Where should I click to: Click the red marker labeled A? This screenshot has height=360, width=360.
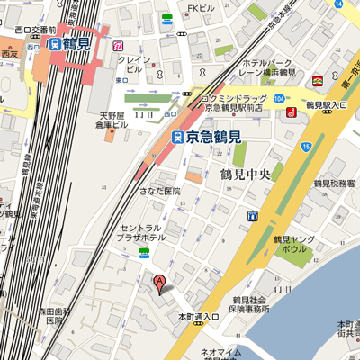(161, 283)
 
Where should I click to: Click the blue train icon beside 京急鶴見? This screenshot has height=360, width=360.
(177, 137)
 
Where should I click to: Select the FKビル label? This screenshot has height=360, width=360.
(199, 10)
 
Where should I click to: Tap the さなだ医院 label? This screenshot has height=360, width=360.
(158, 191)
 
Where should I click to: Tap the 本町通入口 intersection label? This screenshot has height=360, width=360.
(198, 317)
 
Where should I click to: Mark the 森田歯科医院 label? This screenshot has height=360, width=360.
(54, 315)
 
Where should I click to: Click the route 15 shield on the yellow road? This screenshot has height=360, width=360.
(307, 146)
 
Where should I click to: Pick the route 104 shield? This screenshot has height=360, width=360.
(281, 95)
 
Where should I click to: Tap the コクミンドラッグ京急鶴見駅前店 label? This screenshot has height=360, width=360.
(234, 101)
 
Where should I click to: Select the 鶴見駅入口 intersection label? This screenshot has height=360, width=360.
(327, 106)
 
